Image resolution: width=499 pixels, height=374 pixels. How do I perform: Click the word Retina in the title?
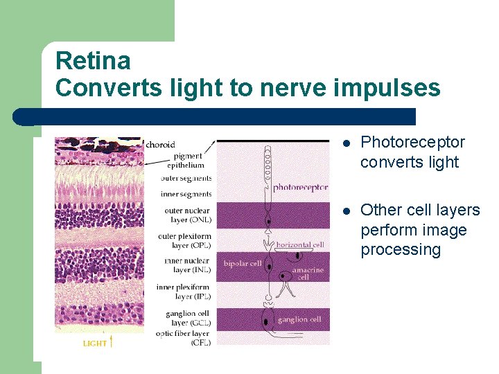pos(93,61)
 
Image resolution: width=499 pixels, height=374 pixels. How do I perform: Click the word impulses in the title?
pos(387,89)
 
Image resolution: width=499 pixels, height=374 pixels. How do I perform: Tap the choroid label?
pos(160,145)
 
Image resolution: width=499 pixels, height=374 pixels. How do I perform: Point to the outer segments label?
pos(186,178)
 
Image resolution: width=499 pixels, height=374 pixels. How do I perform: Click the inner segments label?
pos(186,194)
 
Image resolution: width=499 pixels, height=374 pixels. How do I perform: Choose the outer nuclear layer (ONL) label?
pos(188,215)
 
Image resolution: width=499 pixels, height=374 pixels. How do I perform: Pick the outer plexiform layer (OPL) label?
pos(186,241)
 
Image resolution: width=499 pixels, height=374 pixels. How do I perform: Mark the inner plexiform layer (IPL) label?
pos(184,292)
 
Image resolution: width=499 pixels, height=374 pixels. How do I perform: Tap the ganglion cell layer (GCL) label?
pos(188,318)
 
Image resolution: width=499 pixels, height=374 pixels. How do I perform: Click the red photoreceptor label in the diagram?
pos(300,187)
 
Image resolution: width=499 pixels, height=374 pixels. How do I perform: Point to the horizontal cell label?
pos(300,244)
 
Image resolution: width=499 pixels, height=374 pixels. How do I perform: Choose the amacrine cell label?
pos(308,274)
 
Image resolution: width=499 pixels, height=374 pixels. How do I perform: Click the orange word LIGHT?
pos(95,343)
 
